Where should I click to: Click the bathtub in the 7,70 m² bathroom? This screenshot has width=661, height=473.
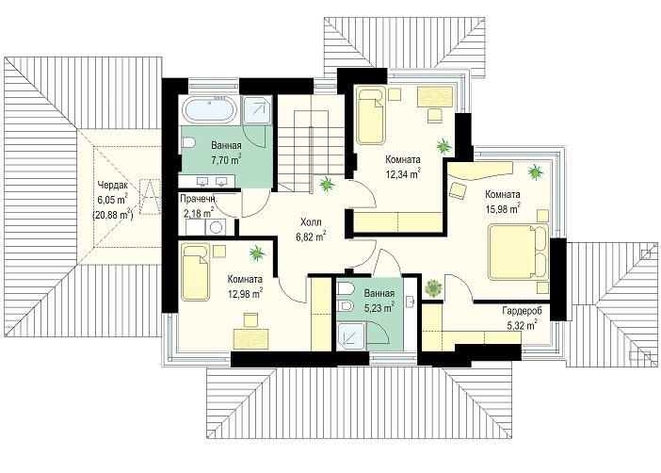(210, 110)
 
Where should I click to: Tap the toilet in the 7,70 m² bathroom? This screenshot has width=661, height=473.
(187, 143)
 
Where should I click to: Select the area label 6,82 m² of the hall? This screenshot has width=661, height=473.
(311, 236)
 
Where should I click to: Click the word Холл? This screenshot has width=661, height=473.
(311, 222)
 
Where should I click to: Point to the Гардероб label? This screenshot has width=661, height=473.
(522, 311)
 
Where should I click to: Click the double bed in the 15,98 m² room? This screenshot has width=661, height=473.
(519, 252)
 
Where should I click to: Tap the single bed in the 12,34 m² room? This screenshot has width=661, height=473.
(371, 115)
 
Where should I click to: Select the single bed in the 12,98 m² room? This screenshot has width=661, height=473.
(196, 272)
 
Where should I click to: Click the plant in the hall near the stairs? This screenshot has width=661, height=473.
(327, 184)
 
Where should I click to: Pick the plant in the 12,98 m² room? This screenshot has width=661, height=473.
(257, 253)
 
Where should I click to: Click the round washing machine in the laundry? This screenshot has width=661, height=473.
(216, 227)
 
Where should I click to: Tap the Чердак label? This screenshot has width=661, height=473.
(112, 185)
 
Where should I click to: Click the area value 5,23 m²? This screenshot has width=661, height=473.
(379, 307)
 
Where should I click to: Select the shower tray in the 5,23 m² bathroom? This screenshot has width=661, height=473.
(351, 334)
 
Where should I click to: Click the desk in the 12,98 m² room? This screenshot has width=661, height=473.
(250, 338)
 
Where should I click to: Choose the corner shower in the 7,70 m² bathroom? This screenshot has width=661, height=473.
(258, 110)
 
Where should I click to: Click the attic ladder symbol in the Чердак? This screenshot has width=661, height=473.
(149, 197)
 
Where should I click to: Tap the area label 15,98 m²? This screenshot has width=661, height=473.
(503, 208)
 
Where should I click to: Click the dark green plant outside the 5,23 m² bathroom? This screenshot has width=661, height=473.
(433, 288)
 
